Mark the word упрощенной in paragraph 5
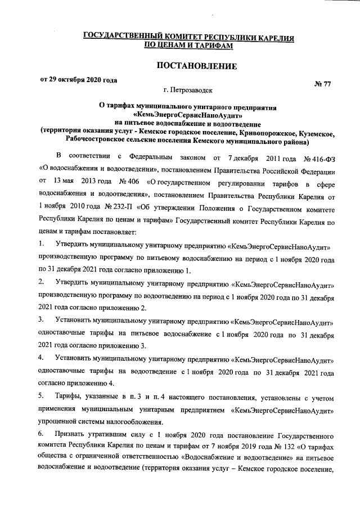pos(61,422)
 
